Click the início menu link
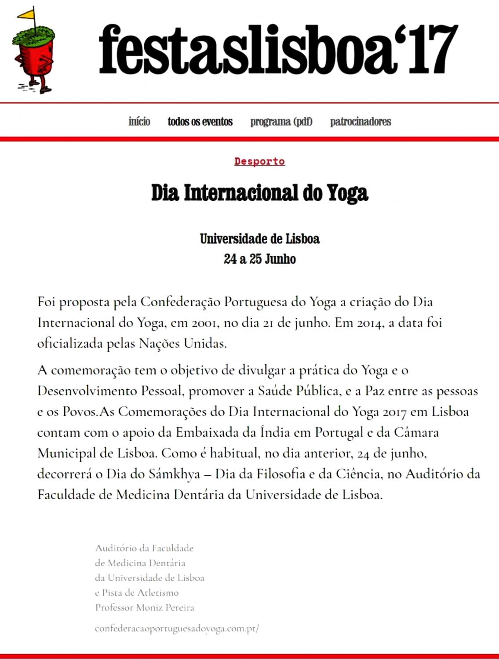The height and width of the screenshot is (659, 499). click(139, 121)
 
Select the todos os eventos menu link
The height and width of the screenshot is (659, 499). click(200, 121)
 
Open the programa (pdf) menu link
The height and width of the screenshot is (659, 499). click(281, 121)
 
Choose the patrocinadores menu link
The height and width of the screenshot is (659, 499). click(361, 121)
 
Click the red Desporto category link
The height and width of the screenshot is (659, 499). click(259, 161)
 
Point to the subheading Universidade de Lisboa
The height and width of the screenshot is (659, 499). click(259, 239)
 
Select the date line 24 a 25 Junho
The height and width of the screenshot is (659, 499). click(259, 259)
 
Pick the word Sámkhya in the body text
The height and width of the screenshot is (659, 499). click(174, 474)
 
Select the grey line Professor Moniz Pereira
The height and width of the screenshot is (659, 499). click(145, 608)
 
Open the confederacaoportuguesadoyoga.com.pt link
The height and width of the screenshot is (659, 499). click(177, 628)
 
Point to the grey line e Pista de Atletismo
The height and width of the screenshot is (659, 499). click(137, 593)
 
